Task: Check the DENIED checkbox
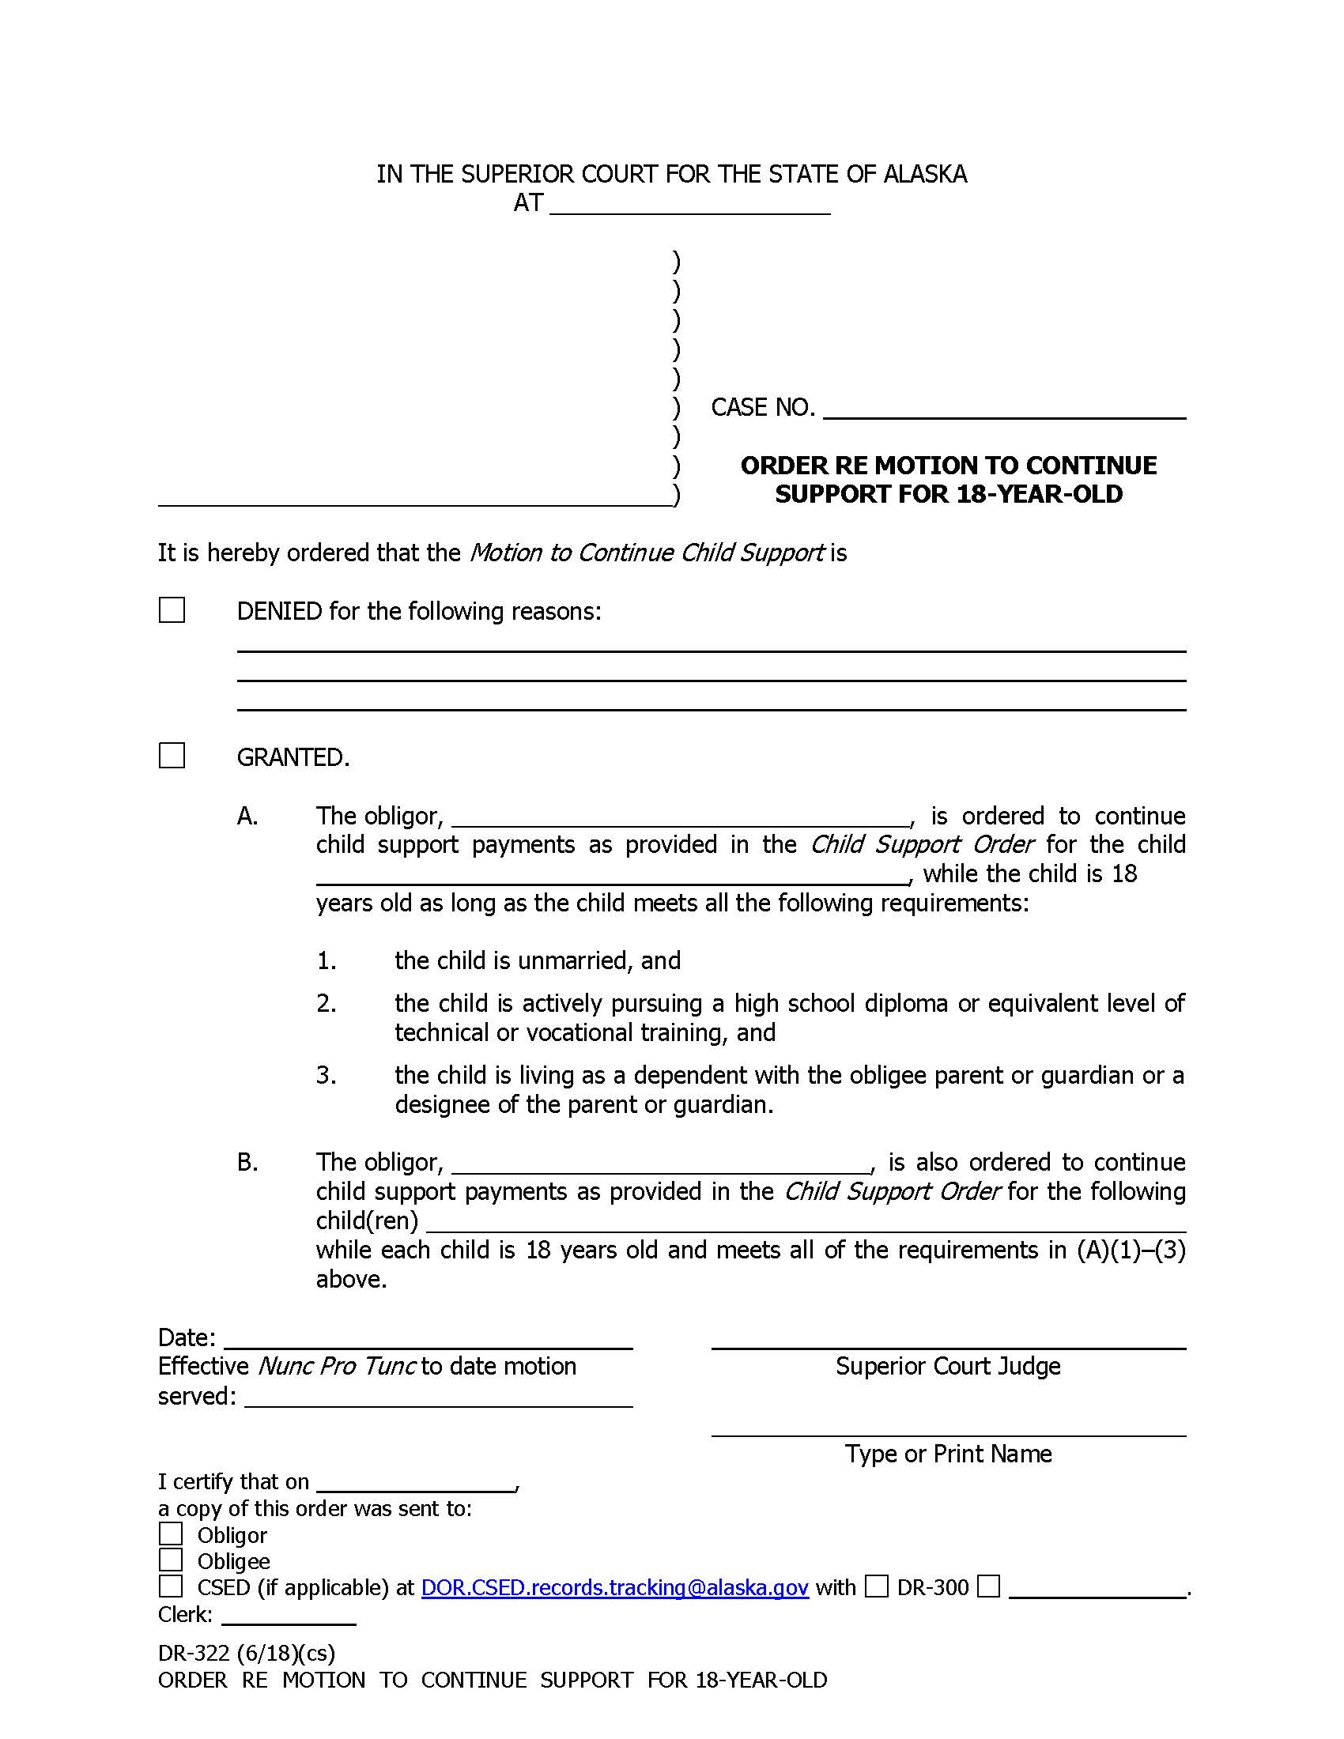click(x=172, y=610)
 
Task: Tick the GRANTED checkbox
click(x=172, y=755)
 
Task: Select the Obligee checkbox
click(x=171, y=1560)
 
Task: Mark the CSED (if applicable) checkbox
click(x=171, y=1586)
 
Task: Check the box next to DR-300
click(x=877, y=1586)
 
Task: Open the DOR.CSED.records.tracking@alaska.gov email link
click(x=614, y=1588)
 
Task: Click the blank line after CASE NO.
click(x=1004, y=410)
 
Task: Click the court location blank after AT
click(x=689, y=206)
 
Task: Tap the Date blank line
click(x=428, y=1340)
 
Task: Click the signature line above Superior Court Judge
click(x=948, y=1340)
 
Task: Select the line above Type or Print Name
click(x=948, y=1428)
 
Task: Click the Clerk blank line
click(x=289, y=1616)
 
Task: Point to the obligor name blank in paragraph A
click(x=681, y=819)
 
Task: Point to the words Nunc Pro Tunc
click(x=337, y=1367)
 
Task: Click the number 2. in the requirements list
click(x=327, y=1003)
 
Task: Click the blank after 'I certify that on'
click(x=416, y=1483)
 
